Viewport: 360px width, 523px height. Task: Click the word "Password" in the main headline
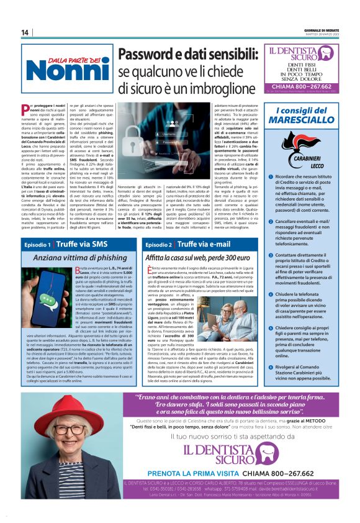pos(151,56)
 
